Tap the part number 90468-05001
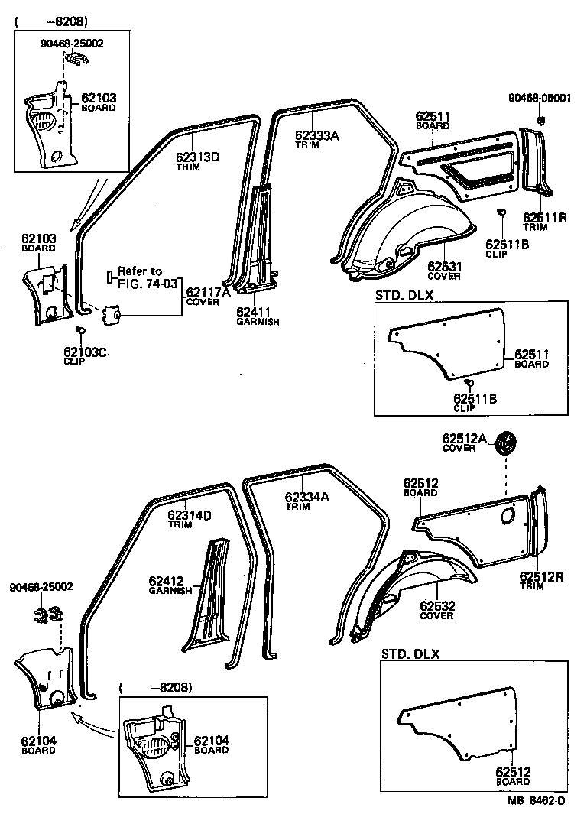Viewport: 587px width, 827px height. click(x=540, y=98)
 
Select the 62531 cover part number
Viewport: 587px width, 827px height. click(x=444, y=266)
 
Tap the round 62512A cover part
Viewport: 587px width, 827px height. click(x=505, y=444)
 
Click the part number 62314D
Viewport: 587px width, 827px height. click(x=190, y=515)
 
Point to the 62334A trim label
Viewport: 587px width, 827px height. click(x=306, y=497)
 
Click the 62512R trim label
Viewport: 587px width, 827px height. click(x=543, y=577)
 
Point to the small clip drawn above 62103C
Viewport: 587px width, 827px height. click(x=79, y=330)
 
